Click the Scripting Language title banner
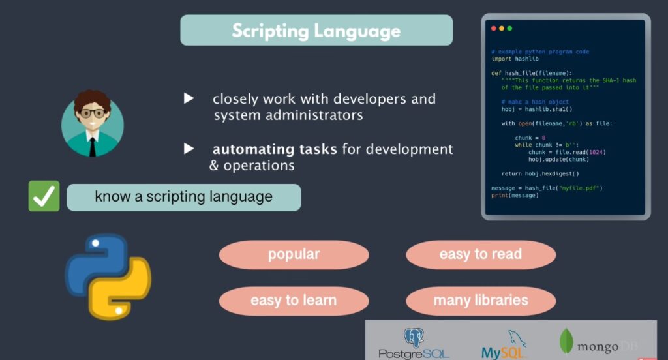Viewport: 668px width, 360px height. point(316,30)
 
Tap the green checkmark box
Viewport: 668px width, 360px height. point(44,196)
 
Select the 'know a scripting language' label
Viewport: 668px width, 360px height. point(183,197)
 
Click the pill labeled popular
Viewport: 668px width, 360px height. point(294,254)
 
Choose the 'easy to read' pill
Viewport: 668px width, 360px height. point(480,254)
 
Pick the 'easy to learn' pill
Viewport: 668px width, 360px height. point(294,301)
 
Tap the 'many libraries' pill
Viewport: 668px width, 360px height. point(480,301)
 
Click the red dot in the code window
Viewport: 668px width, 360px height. point(494,28)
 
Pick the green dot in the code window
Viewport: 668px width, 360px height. point(509,28)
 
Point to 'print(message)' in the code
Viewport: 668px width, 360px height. point(515,195)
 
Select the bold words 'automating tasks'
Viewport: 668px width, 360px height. point(275,149)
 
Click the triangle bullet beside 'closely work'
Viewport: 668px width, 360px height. point(189,98)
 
